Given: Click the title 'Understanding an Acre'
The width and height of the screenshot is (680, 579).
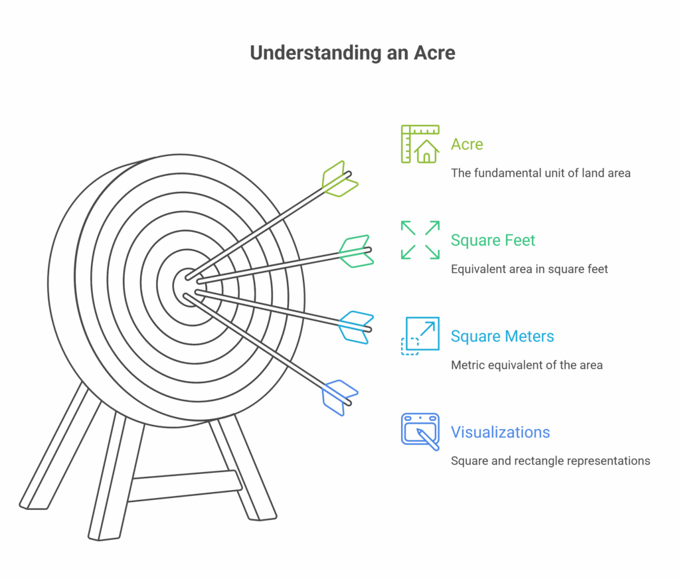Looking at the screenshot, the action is pos(353,53).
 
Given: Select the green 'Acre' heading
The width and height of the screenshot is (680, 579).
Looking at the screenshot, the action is pos(467,144).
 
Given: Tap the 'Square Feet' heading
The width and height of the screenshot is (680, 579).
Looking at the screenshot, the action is pos(493,240).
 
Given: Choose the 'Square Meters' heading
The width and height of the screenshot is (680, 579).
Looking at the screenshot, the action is pos(502,336).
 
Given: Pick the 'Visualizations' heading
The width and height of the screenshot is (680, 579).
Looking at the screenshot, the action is pos(500,432).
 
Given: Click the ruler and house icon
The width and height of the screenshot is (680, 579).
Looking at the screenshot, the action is pos(420,144).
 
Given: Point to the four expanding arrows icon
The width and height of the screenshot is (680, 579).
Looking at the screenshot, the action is pos(420,240).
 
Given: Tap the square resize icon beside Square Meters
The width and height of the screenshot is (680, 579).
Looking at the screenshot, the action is pos(420,336).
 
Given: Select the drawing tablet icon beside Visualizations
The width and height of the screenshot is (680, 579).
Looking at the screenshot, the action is pos(420,432).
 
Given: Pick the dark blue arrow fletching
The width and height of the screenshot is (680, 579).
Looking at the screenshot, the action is pos(339,398).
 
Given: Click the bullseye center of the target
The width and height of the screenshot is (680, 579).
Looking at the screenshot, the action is pos(187,286).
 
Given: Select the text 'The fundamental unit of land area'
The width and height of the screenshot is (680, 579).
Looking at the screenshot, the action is pos(541,173).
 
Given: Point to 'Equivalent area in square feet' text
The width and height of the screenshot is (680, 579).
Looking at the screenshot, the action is pos(529,270).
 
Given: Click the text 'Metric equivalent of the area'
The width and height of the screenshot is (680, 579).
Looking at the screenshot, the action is pos(527,365).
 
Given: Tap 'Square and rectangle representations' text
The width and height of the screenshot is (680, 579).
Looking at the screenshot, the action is pos(551,461).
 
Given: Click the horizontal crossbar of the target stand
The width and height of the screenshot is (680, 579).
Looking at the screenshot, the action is pos(186,486).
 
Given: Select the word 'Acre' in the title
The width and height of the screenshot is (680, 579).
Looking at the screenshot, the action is pos(434,53).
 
